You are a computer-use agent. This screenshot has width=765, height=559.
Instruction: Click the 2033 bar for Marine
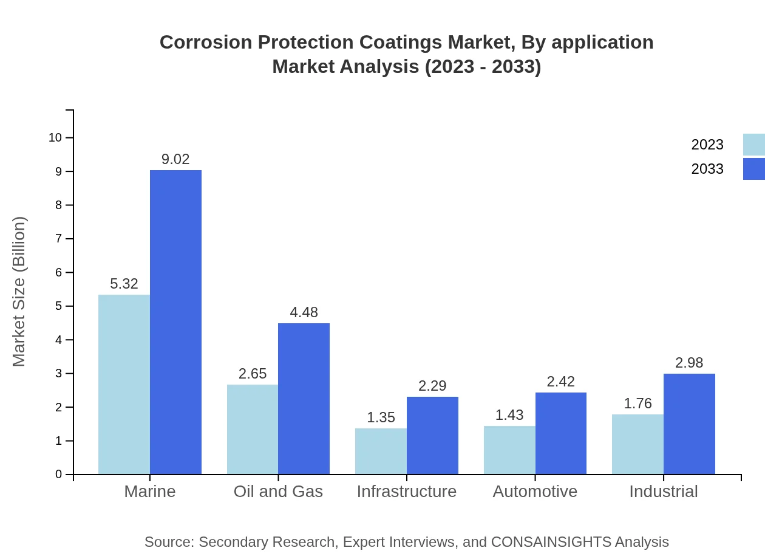(x=175, y=322)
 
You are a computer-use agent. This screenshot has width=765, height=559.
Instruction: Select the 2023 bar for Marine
(x=124, y=384)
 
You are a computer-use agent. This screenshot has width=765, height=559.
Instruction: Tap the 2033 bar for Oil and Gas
(x=304, y=399)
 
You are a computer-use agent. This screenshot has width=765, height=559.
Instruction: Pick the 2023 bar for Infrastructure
(x=381, y=451)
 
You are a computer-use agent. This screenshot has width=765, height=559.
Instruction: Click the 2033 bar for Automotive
(x=560, y=433)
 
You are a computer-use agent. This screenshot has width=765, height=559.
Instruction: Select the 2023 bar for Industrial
(x=637, y=444)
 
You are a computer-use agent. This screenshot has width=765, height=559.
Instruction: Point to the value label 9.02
(x=175, y=159)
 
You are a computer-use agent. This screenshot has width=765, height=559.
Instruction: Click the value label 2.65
(x=253, y=374)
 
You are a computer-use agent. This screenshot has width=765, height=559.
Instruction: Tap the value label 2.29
(x=432, y=386)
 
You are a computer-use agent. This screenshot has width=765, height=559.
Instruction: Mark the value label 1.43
(x=509, y=415)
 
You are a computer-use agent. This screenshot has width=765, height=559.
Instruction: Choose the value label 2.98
(x=689, y=363)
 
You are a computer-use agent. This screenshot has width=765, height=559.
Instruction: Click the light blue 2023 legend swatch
(x=754, y=145)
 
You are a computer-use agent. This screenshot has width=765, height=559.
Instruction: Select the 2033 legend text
(x=707, y=169)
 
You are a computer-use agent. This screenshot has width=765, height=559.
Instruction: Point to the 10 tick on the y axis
(x=55, y=138)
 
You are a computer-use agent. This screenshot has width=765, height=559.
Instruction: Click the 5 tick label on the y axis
(x=59, y=306)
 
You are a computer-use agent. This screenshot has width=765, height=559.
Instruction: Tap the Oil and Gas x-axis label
(x=278, y=492)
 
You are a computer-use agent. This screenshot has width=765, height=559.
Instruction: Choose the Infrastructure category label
(x=407, y=492)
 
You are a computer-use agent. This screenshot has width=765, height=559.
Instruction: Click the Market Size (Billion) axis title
(x=19, y=292)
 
